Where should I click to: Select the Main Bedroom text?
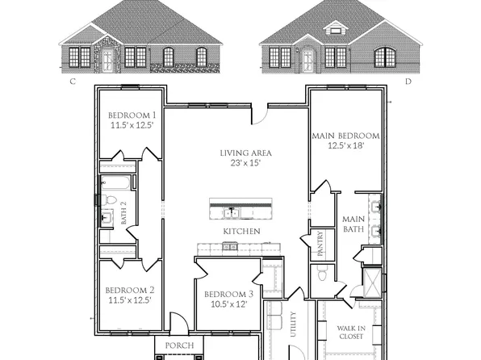coord(345,136)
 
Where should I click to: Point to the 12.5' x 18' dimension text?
coord(345,146)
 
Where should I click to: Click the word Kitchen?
coord(240,232)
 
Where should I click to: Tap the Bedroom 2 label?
coord(129,290)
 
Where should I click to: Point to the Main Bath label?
coord(353,224)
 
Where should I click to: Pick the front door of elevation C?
coord(108,57)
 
